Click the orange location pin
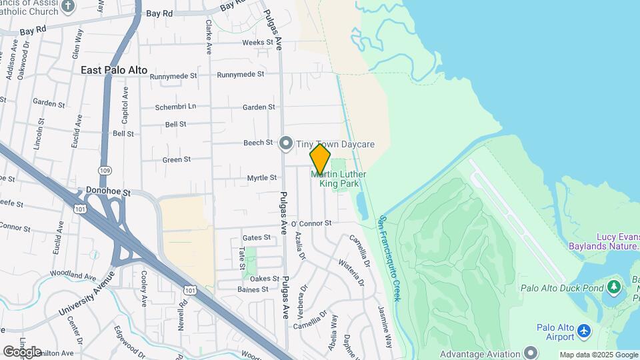[x=320, y=158]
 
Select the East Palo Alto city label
[x=114, y=70]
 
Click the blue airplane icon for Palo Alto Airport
[x=584, y=331]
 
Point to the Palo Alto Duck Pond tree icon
[x=613, y=287]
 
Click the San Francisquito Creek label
[x=389, y=257]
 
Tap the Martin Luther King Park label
[x=339, y=179]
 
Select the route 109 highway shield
[x=105, y=171]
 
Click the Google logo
[x=22, y=352]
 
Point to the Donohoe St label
[x=108, y=191]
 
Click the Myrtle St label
[x=261, y=178]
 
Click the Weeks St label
[x=257, y=42]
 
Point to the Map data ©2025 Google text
[x=598, y=355]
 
